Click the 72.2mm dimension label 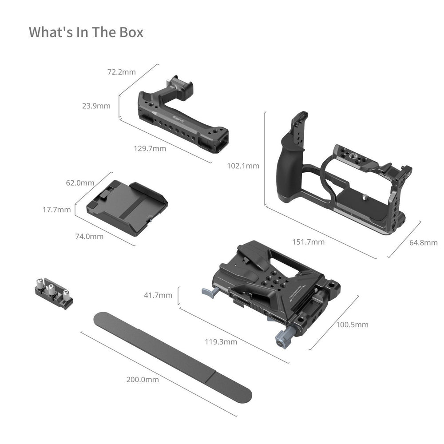(122, 72)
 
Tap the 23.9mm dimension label (96, 106)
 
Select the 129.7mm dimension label (150, 148)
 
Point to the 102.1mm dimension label (243, 166)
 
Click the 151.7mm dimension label (309, 242)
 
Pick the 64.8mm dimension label (424, 242)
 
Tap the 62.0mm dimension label (80, 182)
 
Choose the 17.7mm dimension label (57, 210)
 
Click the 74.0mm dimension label (89, 236)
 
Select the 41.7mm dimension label (158, 295)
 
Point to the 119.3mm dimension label (221, 342)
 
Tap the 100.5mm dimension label (352, 325)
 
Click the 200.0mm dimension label (143, 380)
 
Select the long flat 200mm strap (173, 357)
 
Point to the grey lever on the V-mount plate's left (210, 292)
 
